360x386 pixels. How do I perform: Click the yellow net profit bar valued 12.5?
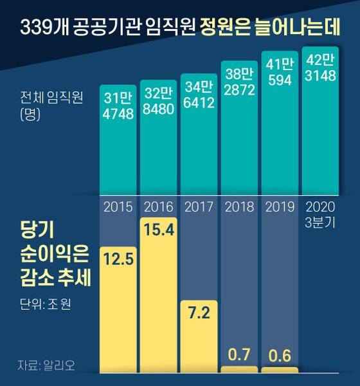coord(118,309)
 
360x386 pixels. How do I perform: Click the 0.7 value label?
coord(239,354)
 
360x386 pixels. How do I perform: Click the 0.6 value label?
coord(280,355)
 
